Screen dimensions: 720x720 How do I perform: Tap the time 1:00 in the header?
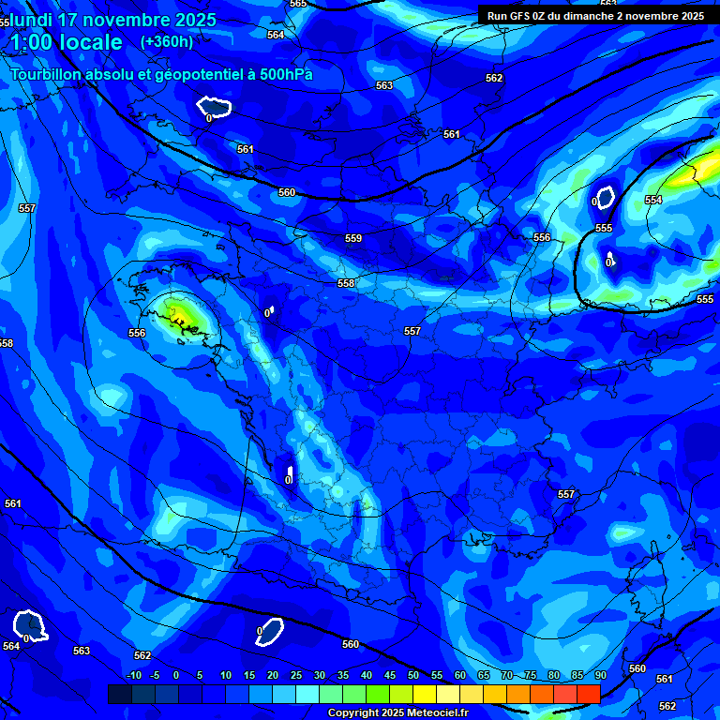tap(32, 43)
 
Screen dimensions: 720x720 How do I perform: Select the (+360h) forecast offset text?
tap(167, 41)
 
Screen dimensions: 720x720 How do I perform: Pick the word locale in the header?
tap(91, 43)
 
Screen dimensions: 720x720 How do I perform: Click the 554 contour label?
tap(653, 201)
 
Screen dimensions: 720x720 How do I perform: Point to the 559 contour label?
tap(353, 239)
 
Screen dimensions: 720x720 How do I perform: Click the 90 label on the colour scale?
tap(600, 676)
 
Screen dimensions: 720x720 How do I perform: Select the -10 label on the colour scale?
tap(133, 676)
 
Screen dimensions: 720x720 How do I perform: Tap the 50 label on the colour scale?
tap(412, 676)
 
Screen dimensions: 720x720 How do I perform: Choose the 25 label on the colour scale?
tap(295, 676)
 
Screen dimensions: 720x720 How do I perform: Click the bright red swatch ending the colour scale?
tap(588, 694)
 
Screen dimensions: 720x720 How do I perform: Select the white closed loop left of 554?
tap(606, 198)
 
